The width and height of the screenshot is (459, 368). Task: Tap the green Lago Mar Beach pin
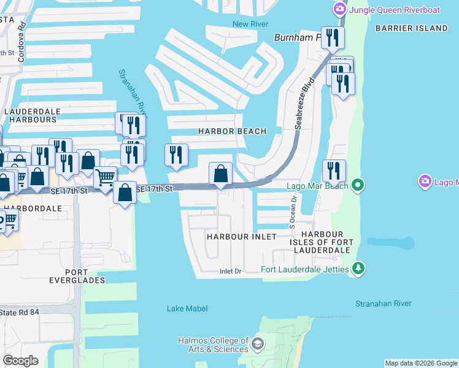[x=357, y=185]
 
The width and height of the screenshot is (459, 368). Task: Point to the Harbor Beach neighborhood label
[x=232, y=131]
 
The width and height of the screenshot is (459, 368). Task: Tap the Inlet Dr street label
[x=231, y=271]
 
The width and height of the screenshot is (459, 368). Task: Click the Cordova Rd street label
[x=23, y=36]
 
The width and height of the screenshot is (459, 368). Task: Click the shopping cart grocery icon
[x=106, y=178]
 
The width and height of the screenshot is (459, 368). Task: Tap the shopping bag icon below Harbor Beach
[x=221, y=174]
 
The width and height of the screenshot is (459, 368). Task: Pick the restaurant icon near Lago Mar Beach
[x=334, y=170]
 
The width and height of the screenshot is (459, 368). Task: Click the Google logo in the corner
[x=20, y=360]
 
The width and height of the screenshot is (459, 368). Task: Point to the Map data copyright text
[x=421, y=363]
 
